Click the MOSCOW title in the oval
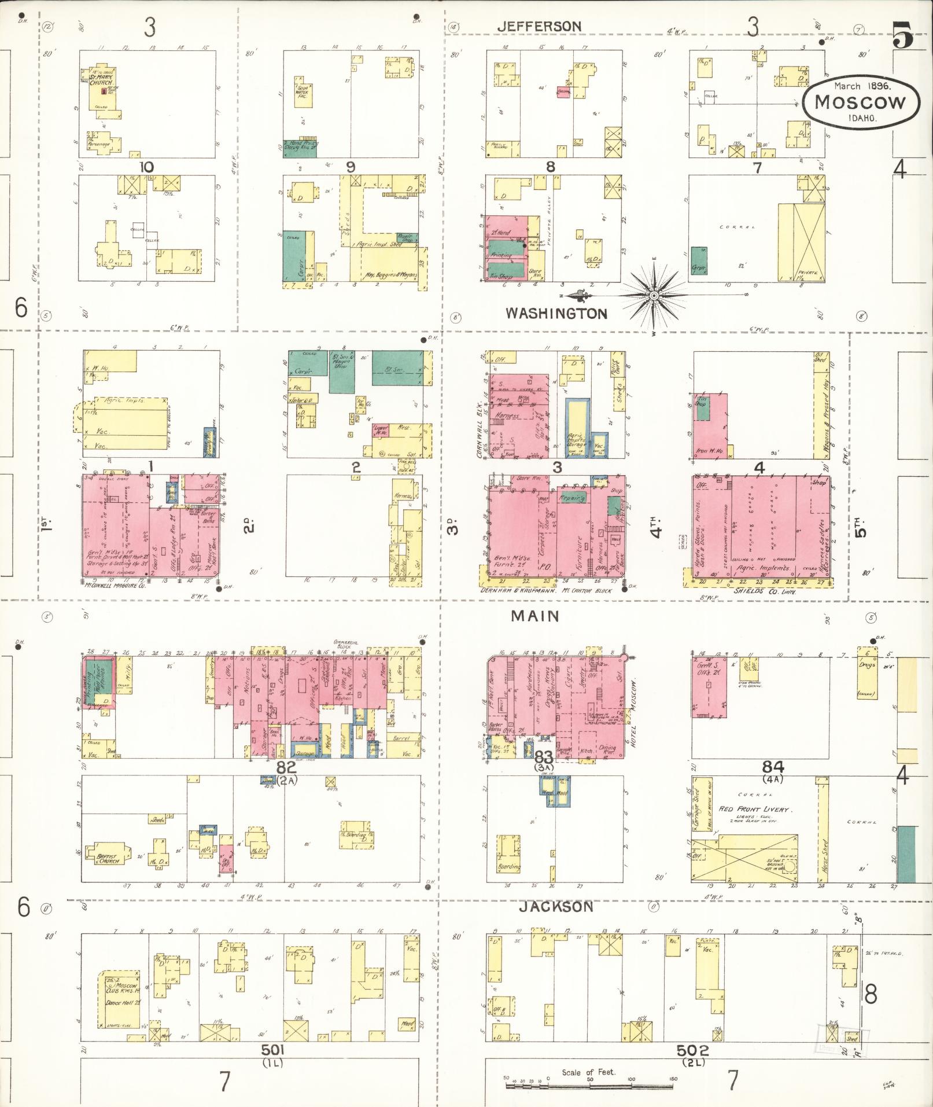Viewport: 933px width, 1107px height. [860, 102]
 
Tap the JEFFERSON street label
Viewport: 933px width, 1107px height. [539, 26]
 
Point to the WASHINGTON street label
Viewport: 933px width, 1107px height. [556, 314]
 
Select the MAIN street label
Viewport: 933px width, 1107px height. [535, 616]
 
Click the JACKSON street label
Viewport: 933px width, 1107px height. [556, 906]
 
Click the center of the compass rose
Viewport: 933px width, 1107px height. [653, 296]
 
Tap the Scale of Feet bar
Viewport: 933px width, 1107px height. [589, 1086]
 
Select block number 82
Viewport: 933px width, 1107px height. [286, 767]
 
